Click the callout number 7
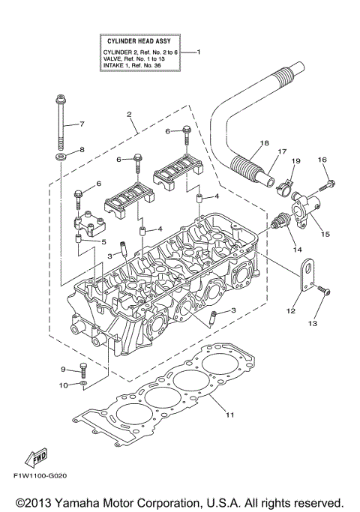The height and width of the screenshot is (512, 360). pyautogui.click(x=82, y=124)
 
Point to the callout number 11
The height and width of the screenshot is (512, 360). pyautogui.click(x=229, y=415)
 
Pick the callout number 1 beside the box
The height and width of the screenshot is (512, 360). pyautogui.click(x=199, y=52)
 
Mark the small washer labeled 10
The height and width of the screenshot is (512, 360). pyautogui.click(x=84, y=385)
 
